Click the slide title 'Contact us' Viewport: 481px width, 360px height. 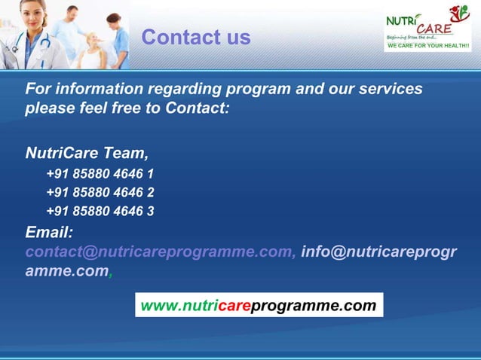tap(195, 37)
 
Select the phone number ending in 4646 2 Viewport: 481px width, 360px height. tap(100, 193)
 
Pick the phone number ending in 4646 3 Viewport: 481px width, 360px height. tap(100, 211)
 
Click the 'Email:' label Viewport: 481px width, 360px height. tap(49, 232)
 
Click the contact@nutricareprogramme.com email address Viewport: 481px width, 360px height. tap(161, 252)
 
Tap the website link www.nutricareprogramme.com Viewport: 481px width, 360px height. tap(258, 306)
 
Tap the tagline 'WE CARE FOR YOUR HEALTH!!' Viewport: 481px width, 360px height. tap(427, 47)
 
